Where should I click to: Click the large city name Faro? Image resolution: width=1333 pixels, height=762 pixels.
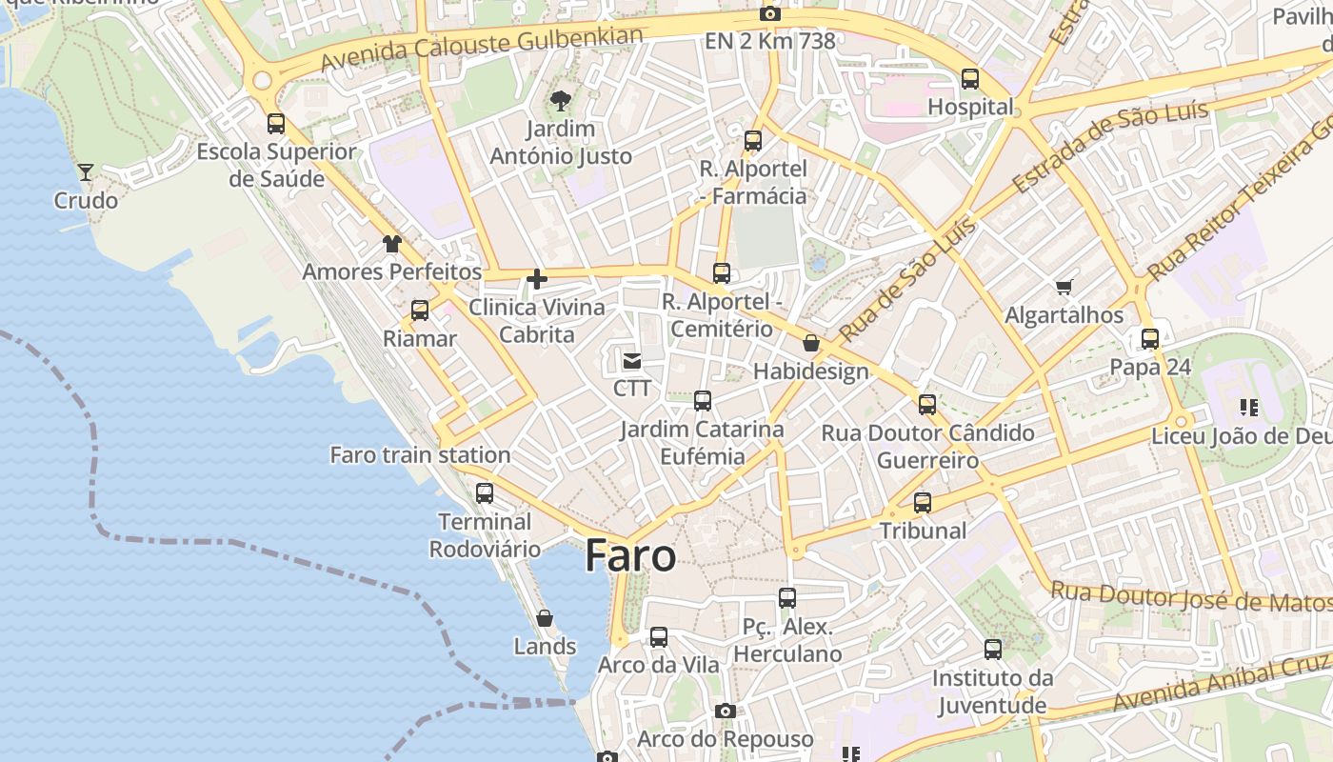click(630, 555)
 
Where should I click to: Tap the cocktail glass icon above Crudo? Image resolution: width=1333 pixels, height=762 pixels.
click(86, 172)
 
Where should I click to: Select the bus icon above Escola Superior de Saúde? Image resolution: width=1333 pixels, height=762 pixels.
click(276, 123)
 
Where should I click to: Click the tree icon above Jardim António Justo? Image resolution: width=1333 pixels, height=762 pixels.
click(561, 100)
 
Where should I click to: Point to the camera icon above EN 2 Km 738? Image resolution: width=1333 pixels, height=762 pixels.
click(769, 13)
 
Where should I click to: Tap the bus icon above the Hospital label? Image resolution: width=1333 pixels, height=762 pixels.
click(970, 79)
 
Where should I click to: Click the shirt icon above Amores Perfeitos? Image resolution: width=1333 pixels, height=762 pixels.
click(392, 244)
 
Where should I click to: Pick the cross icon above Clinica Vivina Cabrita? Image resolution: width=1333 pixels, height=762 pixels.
click(537, 279)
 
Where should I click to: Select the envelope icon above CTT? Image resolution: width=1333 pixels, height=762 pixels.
click(632, 360)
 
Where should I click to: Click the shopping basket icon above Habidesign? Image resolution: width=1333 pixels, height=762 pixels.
click(811, 343)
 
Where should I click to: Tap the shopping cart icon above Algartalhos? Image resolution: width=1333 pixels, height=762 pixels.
click(1064, 287)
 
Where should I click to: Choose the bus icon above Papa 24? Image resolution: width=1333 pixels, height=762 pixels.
click(1150, 338)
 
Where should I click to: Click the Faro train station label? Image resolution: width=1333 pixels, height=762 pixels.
click(420, 454)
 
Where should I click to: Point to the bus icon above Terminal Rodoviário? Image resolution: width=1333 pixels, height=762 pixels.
click(485, 493)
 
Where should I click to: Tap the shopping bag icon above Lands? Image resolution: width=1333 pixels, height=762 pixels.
click(545, 618)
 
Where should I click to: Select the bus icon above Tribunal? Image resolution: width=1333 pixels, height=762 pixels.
click(923, 502)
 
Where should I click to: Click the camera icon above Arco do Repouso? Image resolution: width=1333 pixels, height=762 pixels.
click(726, 711)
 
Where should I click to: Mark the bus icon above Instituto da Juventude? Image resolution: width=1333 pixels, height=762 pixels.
click(993, 650)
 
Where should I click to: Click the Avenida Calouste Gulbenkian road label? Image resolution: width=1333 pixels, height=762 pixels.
click(482, 49)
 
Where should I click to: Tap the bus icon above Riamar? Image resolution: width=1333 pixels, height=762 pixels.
click(420, 311)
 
